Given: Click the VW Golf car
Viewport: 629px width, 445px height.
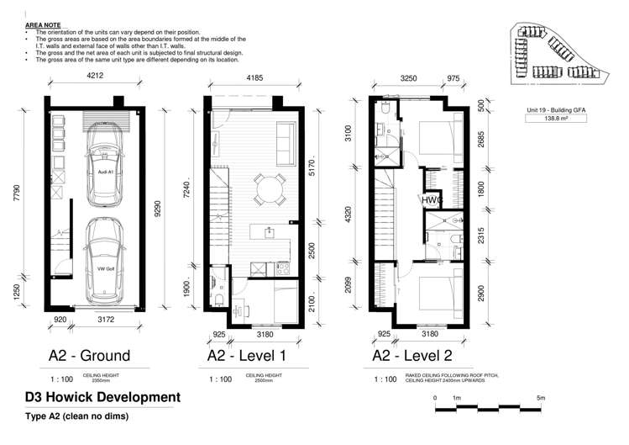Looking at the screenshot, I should tap(104, 264).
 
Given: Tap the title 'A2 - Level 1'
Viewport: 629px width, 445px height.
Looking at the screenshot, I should tap(247, 356).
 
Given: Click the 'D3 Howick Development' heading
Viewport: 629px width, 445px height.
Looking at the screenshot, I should tap(103, 397).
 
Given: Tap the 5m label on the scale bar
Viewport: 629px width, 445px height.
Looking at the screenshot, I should tap(591, 397).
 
